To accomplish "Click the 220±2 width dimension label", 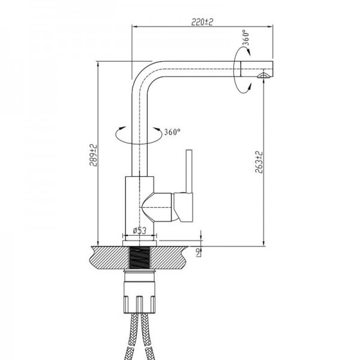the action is (202, 22).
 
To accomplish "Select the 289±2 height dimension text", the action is (93, 155).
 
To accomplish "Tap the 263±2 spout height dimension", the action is (259, 162).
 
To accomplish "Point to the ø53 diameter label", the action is (139, 230).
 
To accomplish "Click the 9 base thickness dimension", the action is (197, 252).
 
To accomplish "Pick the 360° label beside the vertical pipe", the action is (172, 132).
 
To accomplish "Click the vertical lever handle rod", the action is (189, 171).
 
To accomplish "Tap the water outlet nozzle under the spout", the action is (263, 76).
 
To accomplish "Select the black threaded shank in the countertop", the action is (140, 257).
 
